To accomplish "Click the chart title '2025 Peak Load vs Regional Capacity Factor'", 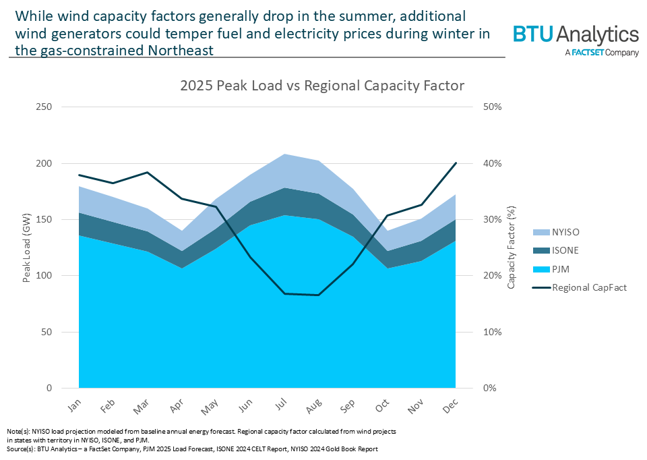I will [x=322, y=86].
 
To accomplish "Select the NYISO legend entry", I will [x=565, y=231].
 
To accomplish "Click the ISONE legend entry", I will [x=564, y=250].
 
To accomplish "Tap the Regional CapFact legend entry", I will [x=588, y=288].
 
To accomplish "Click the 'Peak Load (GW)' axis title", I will [x=27, y=248].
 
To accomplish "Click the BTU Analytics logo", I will [x=575, y=35].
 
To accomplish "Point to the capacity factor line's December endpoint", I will [x=456, y=163].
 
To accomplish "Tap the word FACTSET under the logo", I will [x=591, y=53].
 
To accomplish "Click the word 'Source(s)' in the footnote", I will [x=20, y=449].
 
